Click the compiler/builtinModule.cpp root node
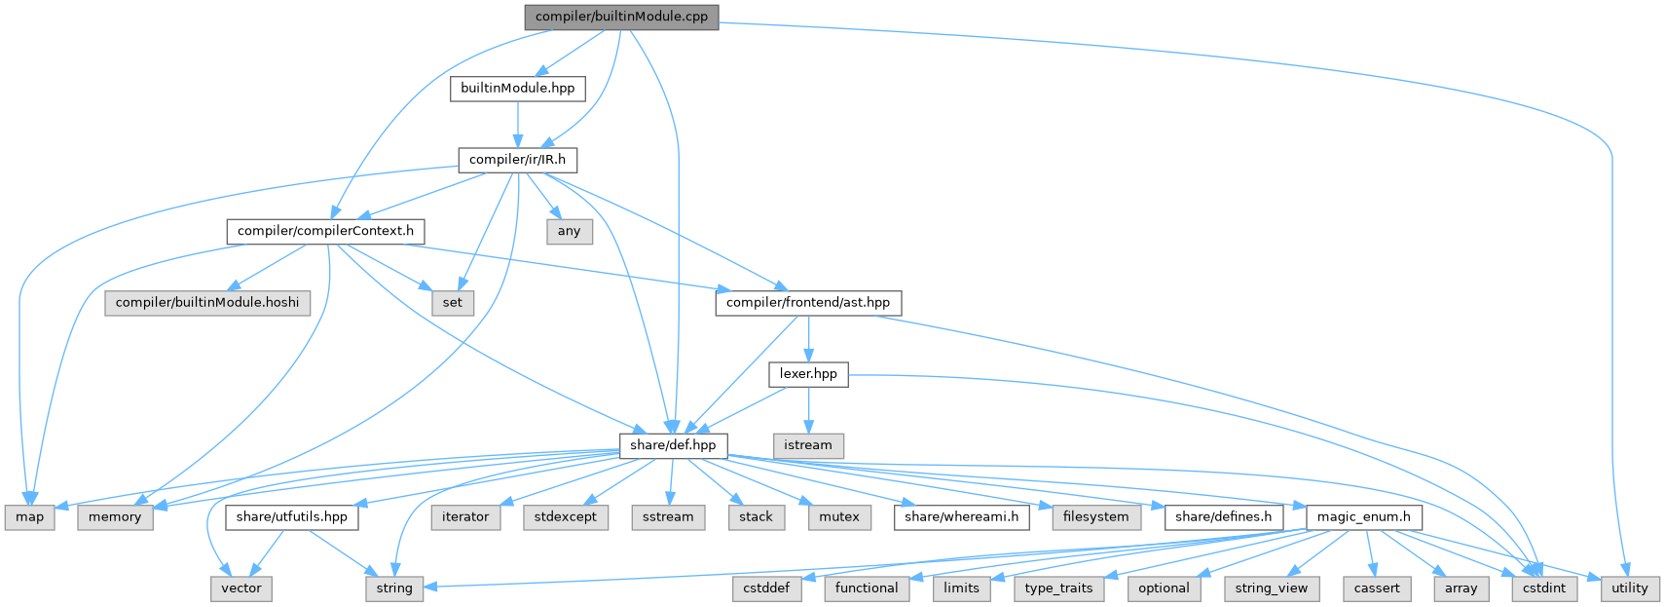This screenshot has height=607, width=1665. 621,17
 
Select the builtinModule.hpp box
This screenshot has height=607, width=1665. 517,88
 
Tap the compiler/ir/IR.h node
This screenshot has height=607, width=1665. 517,159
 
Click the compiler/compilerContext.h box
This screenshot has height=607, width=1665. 325,231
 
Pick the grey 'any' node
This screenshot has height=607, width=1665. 569,231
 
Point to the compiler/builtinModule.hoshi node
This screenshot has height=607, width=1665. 208,302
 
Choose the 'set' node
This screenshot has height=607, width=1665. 453,302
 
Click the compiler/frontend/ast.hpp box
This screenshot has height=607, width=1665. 807,302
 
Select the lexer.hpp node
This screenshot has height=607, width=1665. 808,373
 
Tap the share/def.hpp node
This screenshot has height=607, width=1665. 673,445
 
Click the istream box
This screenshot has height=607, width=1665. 808,445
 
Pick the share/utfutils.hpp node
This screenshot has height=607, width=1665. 291,516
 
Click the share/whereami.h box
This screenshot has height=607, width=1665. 961,516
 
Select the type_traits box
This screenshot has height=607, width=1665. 1058,588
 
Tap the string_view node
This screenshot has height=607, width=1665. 1271,588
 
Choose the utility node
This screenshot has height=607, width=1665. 1629,588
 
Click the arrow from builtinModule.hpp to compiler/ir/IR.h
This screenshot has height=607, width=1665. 517,124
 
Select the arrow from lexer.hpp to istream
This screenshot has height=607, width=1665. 808,409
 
